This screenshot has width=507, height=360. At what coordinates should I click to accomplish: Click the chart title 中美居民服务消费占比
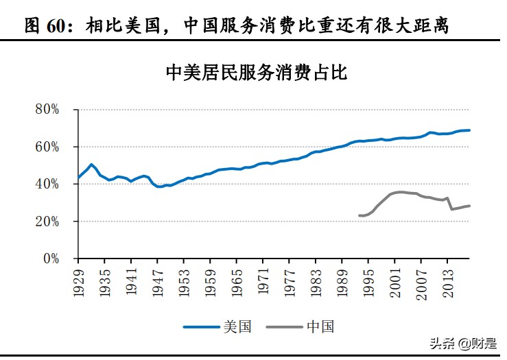point(257,73)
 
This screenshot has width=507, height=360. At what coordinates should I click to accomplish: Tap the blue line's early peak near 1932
point(92,165)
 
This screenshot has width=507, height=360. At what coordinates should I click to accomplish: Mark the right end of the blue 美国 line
point(470,130)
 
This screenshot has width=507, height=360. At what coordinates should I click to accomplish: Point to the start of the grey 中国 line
point(359,215)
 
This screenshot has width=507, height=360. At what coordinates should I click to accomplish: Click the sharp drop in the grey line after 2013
point(450,204)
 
